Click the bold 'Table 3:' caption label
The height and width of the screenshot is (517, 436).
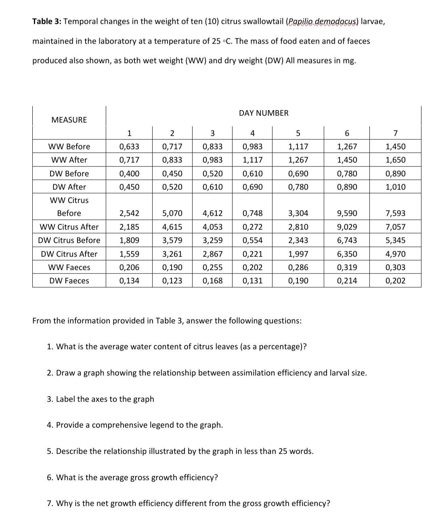tap(47, 21)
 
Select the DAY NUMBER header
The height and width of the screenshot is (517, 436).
tap(264, 113)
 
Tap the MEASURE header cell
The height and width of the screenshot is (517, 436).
tap(69, 120)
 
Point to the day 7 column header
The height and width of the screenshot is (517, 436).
tap(395, 133)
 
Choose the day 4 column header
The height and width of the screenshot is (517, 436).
tap(252, 133)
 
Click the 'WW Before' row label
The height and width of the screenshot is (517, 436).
tap(69, 147)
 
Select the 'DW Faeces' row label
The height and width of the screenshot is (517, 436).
tap(69, 281)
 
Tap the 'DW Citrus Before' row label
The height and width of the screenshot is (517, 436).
tap(69, 240)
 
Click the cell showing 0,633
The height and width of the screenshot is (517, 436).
tap(129, 147)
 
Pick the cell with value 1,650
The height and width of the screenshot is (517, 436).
tap(395, 160)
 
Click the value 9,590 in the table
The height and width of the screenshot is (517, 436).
tap(347, 213)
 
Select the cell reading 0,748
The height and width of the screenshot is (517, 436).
tap(252, 213)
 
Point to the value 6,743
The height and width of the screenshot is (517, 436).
tap(347, 240)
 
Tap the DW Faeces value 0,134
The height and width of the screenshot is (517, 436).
tap(129, 281)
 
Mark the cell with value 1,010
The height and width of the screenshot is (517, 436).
tap(395, 187)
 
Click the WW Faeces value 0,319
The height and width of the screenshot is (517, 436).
tap(347, 267)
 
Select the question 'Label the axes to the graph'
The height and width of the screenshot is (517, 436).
tap(101, 399)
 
